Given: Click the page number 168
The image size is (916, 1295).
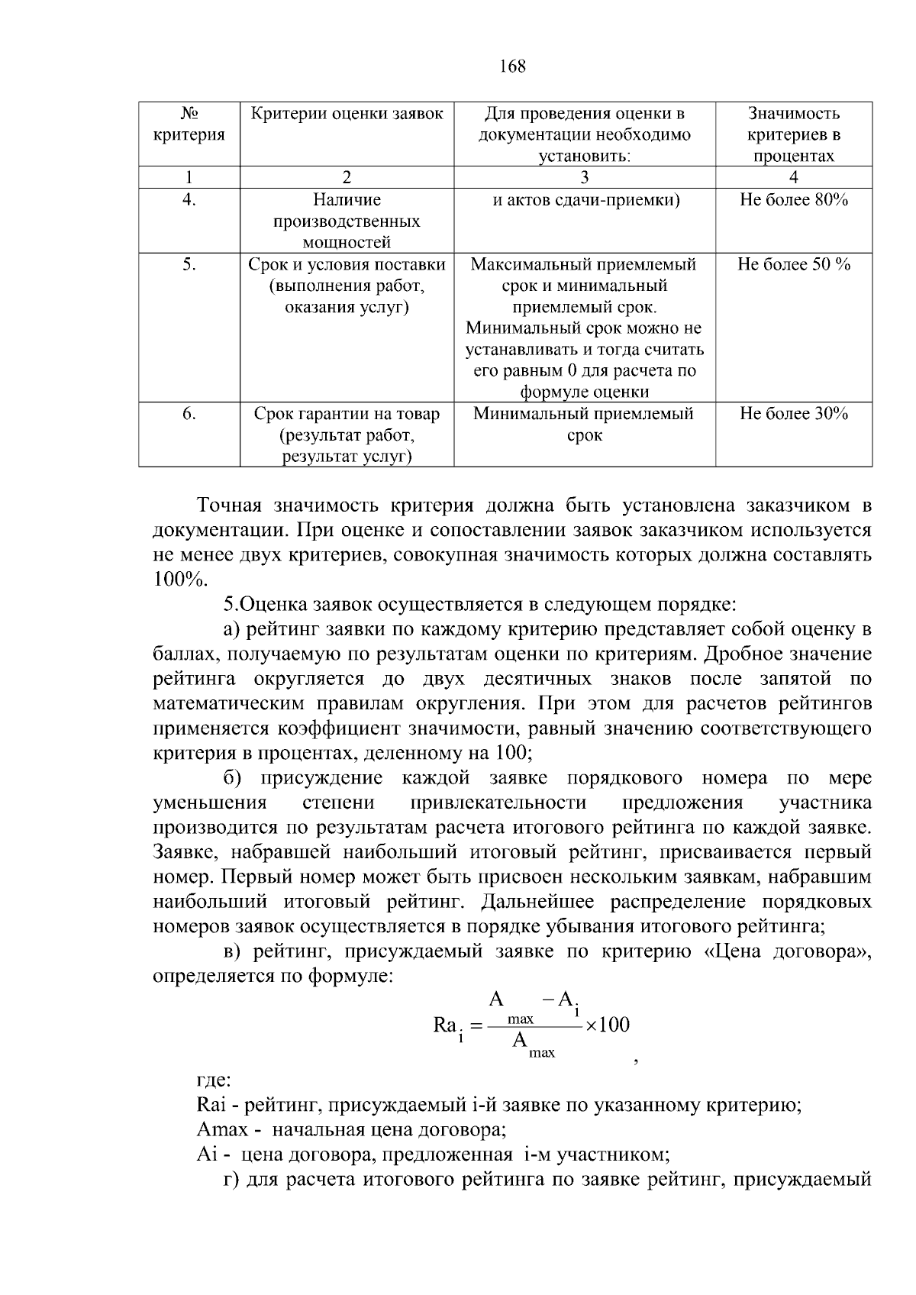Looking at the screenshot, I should click(512, 66).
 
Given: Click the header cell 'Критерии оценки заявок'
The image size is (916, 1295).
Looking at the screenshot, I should click(347, 114).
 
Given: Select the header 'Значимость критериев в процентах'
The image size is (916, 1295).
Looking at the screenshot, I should click(793, 134).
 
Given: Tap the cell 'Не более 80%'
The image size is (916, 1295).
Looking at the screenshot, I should click(793, 200).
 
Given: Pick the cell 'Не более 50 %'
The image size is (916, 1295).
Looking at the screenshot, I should click(793, 264).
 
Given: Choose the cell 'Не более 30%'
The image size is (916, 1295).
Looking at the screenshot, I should click(793, 414).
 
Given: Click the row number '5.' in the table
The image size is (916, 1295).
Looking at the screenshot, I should click(189, 264).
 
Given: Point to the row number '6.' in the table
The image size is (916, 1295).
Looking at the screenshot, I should click(189, 414).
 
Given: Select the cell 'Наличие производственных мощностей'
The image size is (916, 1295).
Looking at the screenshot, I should click(347, 221).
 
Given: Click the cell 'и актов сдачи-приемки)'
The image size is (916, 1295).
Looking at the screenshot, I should click(584, 200).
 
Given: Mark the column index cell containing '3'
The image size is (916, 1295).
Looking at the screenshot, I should click(584, 177).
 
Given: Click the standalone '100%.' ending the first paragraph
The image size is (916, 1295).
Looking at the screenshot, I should click(180, 580).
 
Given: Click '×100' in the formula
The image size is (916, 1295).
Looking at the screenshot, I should click(608, 1025).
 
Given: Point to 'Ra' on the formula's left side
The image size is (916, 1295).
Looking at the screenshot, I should click(445, 1025).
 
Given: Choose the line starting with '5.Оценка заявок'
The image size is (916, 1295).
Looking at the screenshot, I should click(479, 605).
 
